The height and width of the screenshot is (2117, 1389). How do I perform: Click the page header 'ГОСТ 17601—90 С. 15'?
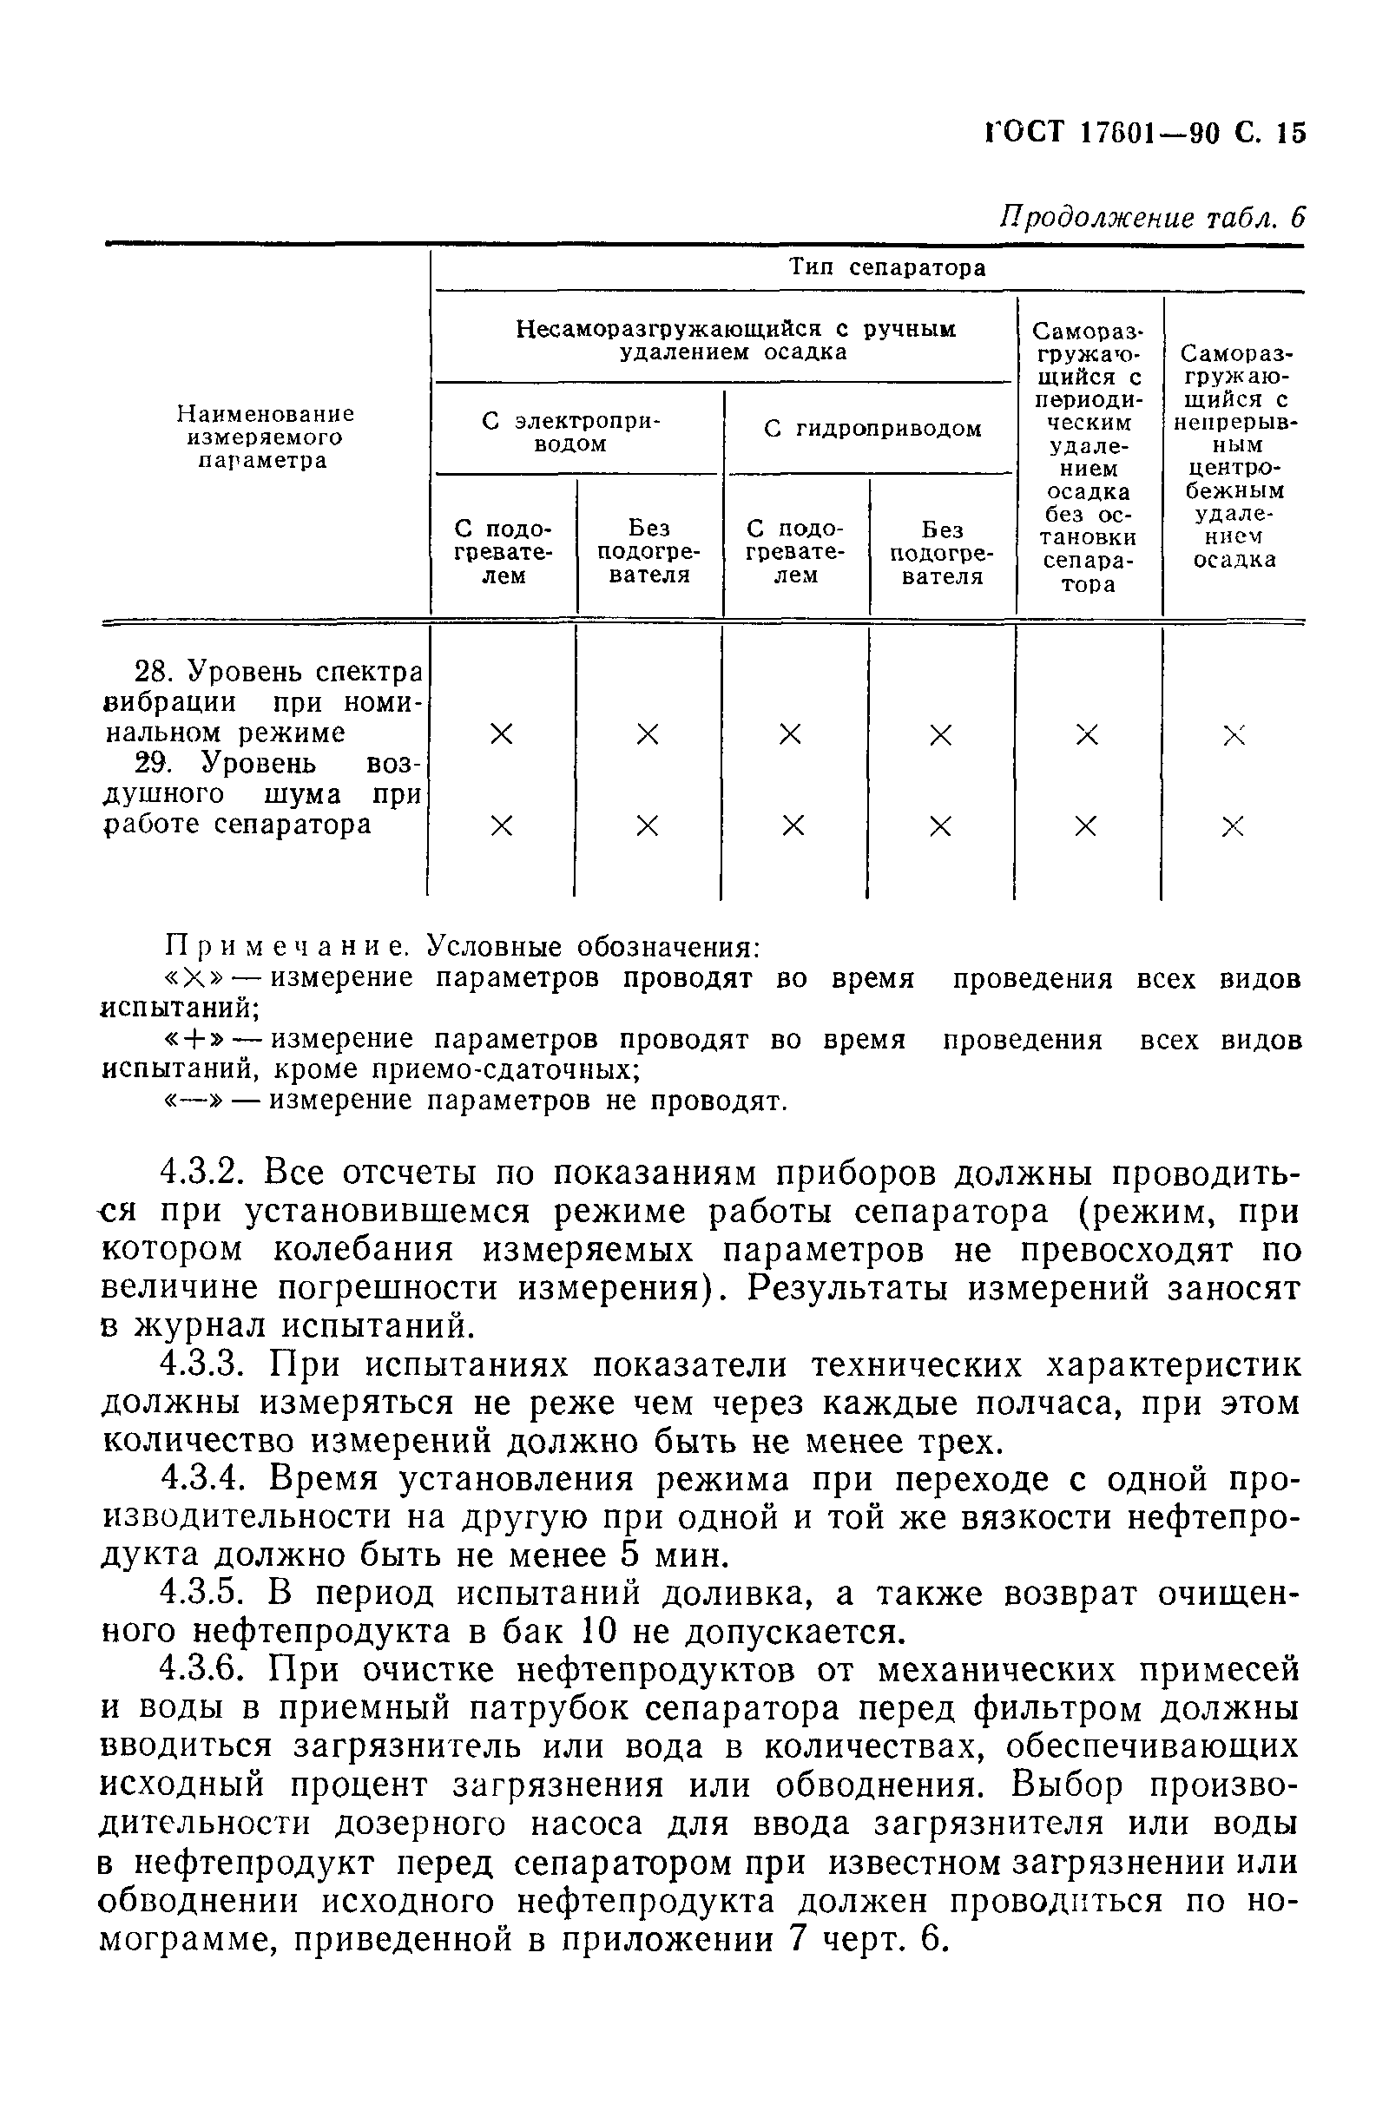click(1144, 134)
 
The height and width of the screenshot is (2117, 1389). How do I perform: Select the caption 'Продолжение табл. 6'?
click(1151, 217)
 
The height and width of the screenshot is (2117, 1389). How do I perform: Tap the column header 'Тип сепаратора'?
click(887, 267)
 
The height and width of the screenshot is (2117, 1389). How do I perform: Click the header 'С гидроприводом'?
click(872, 429)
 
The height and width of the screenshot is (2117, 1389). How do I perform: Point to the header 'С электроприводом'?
click(571, 431)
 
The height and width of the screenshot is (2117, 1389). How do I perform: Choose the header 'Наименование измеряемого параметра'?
click(264, 437)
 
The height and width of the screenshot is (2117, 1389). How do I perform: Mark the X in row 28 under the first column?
click(502, 734)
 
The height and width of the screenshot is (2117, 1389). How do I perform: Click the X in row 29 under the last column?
click(1233, 826)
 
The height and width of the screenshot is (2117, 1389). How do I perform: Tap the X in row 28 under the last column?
click(1233, 734)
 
